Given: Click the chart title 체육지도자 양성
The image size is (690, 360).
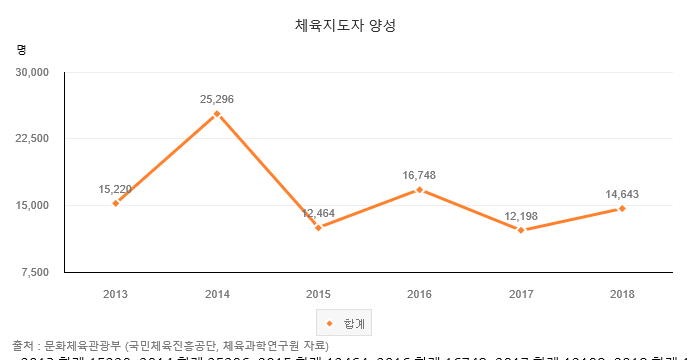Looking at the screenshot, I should (346, 25).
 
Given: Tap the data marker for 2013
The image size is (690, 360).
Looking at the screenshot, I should (116, 203).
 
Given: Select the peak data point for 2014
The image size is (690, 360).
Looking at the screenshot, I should (217, 114).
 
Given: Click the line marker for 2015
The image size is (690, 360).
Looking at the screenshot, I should (318, 228).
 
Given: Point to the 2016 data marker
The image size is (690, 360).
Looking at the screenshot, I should (419, 190).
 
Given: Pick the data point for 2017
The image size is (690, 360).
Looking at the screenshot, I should (521, 230).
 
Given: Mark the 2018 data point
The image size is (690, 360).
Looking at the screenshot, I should (622, 208).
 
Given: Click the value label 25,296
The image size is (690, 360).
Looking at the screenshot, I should (217, 99).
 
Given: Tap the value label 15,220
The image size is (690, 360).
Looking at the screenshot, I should (116, 188).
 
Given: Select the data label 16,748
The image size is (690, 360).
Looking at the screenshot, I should (419, 175).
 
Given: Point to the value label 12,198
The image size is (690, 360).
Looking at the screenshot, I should (521, 215).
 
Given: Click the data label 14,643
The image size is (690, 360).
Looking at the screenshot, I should (622, 193).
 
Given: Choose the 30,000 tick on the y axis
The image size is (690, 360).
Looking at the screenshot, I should (32, 72).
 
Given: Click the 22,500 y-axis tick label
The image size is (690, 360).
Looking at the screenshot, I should (32, 139).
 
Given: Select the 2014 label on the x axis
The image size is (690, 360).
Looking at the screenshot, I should (217, 293).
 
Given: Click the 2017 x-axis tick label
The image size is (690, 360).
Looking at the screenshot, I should (521, 293).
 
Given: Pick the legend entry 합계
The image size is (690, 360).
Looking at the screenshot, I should (346, 323).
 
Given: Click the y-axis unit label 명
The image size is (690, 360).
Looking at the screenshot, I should (22, 48).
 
